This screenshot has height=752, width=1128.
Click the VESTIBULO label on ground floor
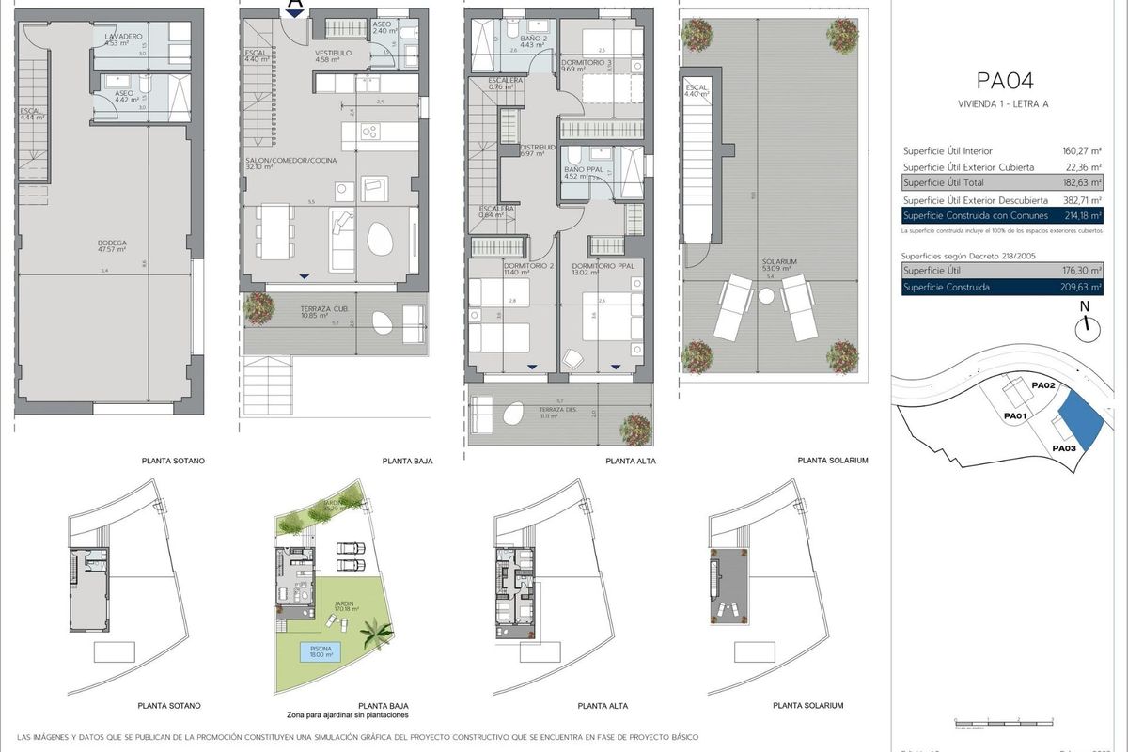click(333, 54)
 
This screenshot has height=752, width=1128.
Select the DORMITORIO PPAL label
click(609, 266)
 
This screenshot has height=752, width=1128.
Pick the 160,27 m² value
click(1080, 150)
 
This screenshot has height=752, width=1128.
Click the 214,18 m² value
click(1080, 216)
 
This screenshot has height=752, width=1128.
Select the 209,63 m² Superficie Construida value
click(1080, 287)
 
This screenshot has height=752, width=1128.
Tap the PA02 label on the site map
click(1044, 386)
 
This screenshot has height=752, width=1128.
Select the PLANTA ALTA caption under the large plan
click(630, 462)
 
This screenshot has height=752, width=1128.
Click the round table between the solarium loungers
click(767, 296)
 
